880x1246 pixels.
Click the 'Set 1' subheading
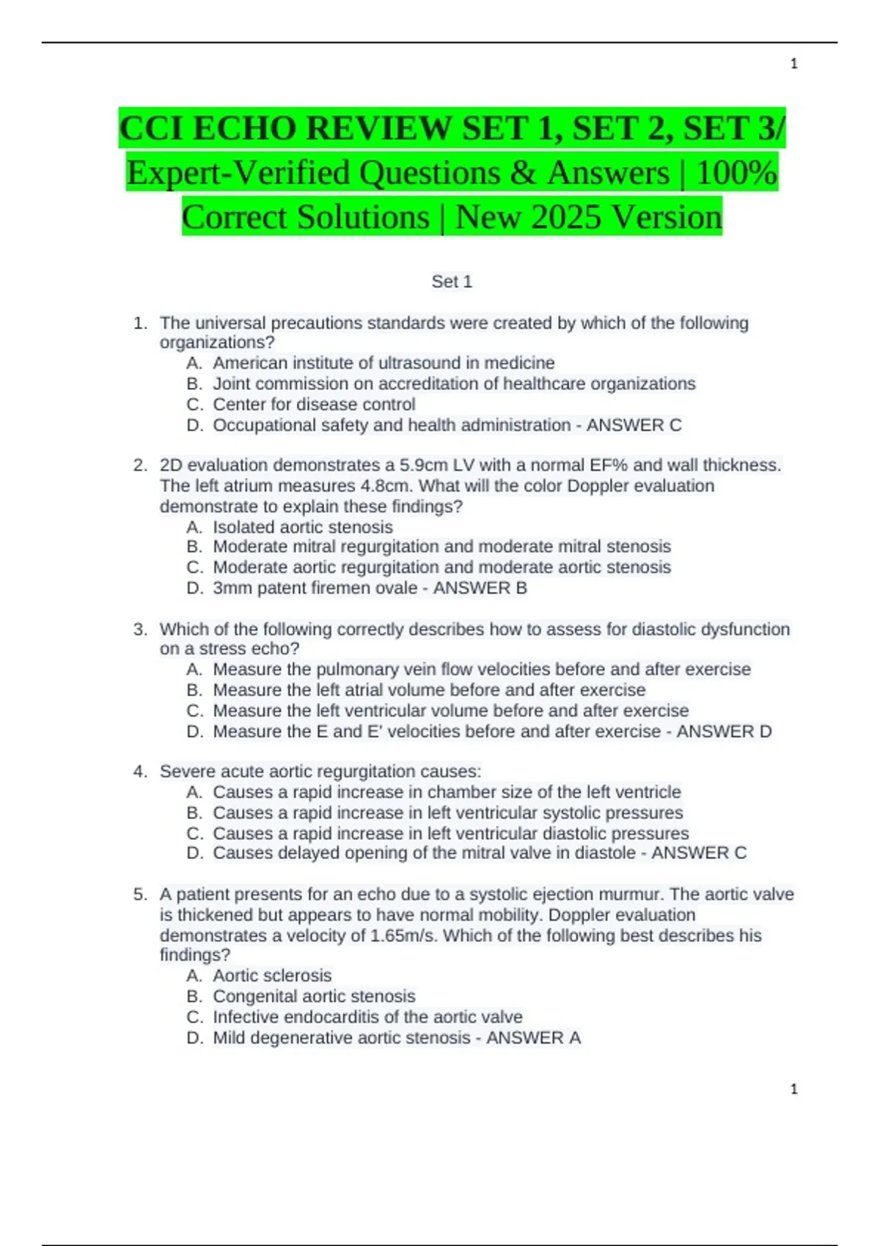tap(452, 281)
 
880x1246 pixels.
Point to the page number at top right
tap(793, 64)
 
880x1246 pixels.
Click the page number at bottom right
tap(793, 1089)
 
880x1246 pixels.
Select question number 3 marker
tap(140, 629)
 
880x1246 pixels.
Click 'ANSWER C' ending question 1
tap(634, 425)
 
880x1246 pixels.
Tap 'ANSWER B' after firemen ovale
tap(480, 588)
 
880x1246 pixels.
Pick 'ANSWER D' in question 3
tap(724, 731)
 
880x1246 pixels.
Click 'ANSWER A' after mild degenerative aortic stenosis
tap(533, 1038)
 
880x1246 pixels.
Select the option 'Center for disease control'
tap(314, 405)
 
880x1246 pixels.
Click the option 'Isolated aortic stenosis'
tap(303, 527)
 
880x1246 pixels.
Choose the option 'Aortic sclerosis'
tap(272, 976)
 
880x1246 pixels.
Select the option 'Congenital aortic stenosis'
tap(314, 996)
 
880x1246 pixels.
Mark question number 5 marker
tap(140, 894)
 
